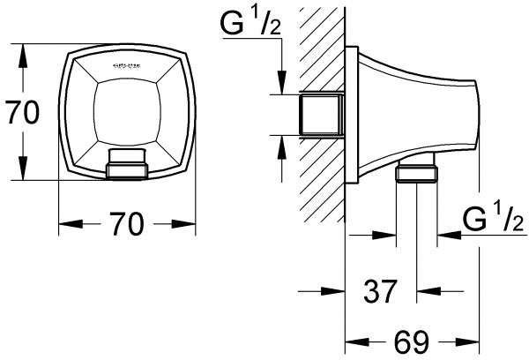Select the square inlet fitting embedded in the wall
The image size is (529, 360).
(323, 115)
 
